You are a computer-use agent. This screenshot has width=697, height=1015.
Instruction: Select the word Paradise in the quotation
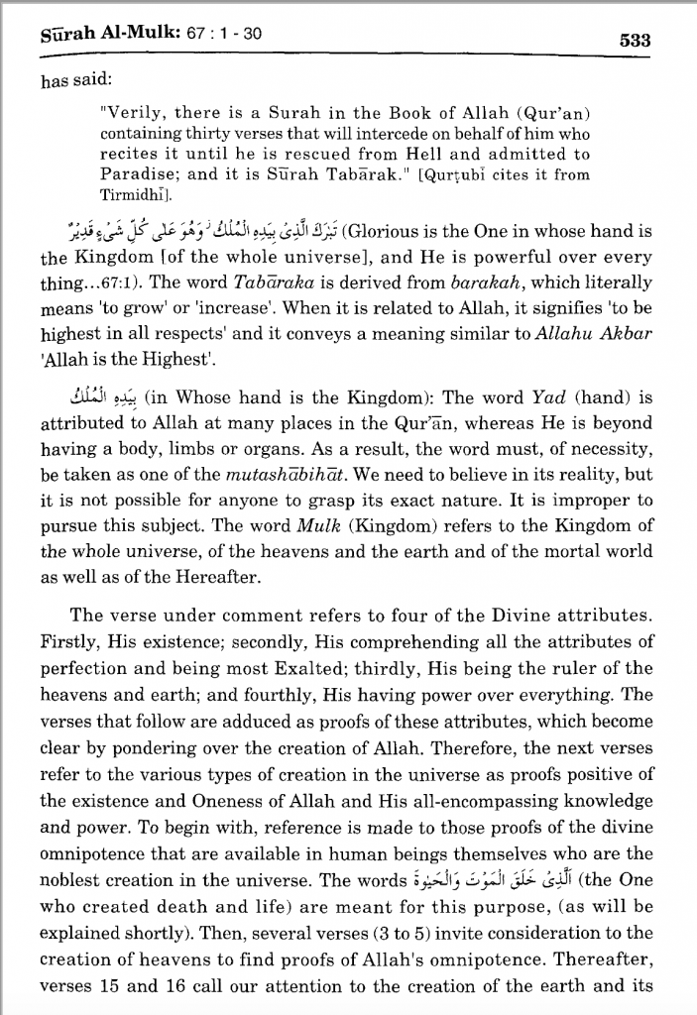pyautogui.click(x=140, y=173)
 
